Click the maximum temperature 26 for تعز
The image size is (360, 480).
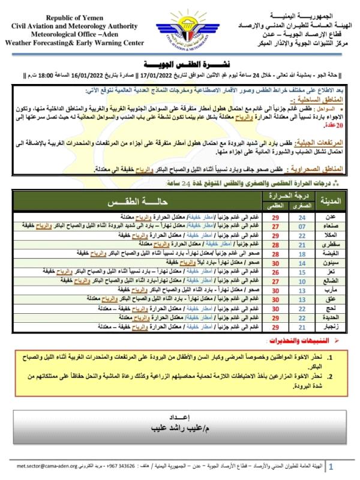(276, 272)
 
